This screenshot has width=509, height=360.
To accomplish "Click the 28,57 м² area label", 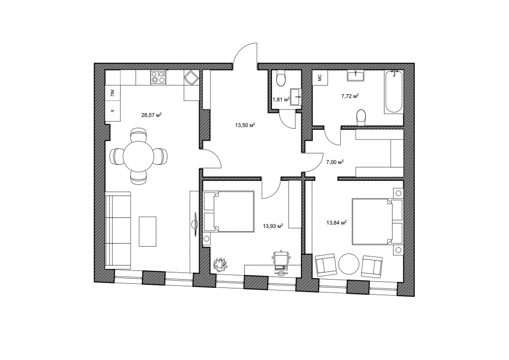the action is tap(151, 114).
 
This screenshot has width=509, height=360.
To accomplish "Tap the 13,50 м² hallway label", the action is tap(245, 125).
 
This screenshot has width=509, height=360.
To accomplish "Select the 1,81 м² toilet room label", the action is tap(281, 100).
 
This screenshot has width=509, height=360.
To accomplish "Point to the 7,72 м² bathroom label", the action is tap(349, 96).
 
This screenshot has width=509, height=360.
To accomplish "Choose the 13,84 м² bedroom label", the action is tap(336, 222).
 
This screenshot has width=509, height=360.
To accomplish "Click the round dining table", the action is tap(139, 156).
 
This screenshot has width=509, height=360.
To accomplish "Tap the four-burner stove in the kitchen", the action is tap(158, 77).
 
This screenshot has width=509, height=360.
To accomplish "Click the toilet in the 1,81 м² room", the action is tap(280, 79).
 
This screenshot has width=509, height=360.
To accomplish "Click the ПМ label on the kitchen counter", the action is tap(113, 93).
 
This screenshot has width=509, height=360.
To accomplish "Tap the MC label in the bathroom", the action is tap(319, 78).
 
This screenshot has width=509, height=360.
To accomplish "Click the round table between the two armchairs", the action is tap(349, 264).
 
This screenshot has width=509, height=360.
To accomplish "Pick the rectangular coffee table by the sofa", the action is tap(148, 231).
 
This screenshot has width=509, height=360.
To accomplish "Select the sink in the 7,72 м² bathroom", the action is tap(356, 76).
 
